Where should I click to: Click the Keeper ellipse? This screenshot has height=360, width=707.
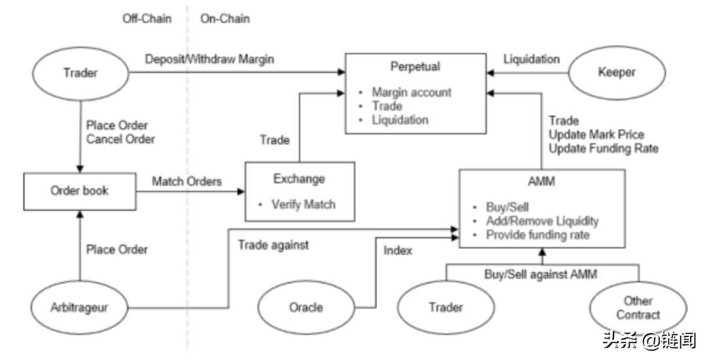(616, 72)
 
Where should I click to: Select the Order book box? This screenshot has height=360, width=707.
(79, 191)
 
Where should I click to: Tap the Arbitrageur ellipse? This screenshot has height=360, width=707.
(79, 307)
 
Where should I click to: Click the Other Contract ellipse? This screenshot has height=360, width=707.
(638, 308)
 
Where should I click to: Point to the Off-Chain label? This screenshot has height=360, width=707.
(147, 18)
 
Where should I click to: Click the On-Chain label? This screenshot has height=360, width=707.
(225, 18)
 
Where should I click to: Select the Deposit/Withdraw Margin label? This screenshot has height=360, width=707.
(209, 59)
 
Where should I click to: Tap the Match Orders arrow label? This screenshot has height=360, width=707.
(187, 180)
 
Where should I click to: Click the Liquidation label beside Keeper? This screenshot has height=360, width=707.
(532, 59)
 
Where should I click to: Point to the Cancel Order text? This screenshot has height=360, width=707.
(120, 139)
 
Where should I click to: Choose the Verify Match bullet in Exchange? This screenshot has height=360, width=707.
(303, 205)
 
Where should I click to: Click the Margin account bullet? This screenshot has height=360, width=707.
(411, 92)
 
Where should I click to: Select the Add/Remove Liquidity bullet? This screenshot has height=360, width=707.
(542, 221)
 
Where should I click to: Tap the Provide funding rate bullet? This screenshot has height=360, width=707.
(537, 235)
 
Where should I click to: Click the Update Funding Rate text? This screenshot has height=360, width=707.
(604, 149)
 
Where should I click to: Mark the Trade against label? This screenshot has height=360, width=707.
(273, 245)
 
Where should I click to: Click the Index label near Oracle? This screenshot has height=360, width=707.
(397, 250)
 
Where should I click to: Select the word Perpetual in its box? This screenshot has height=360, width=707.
(415, 66)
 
